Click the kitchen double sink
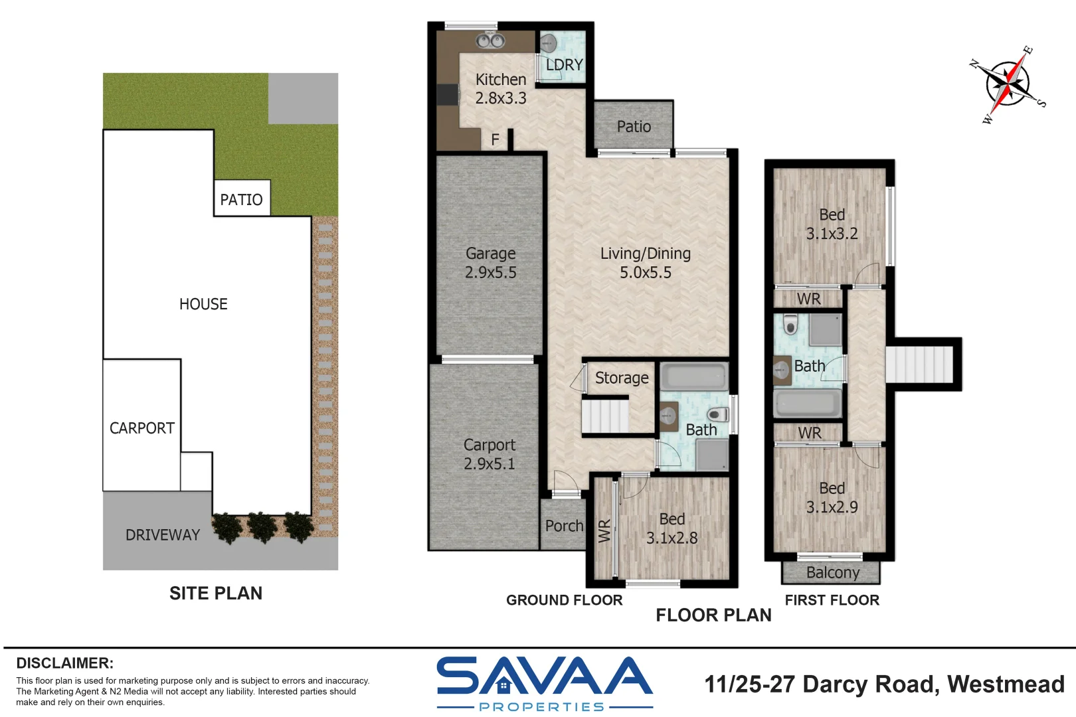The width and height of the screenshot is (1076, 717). [x=490, y=40]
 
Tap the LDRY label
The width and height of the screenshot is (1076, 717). [x=565, y=65]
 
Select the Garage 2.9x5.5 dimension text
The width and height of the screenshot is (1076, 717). [x=490, y=272]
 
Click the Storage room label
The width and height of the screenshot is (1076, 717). [x=622, y=378]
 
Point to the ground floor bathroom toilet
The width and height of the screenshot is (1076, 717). [x=718, y=414]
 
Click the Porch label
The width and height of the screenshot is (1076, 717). [x=564, y=526]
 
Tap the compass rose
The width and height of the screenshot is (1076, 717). [x=1008, y=84]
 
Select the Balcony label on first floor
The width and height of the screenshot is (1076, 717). [x=833, y=572]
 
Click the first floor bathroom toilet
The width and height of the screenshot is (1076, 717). [x=790, y=324]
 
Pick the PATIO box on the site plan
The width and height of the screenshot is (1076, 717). [x=242, y=198]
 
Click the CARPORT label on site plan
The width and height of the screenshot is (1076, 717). [x=141, y=428]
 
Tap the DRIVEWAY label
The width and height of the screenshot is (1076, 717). [x=162, y=535]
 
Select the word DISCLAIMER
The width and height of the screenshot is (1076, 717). [x=65, y=663]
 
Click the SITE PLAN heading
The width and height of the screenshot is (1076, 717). [x=216, y=594]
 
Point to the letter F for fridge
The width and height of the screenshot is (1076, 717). [x=495, y=140]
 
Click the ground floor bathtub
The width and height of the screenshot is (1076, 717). [x=694, y=376]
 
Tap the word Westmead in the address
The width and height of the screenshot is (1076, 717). [x=1006, y=684]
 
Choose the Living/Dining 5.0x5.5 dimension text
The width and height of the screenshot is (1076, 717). [x=645, y=272]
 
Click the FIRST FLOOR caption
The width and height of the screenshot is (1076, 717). [x=832, y=600]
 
